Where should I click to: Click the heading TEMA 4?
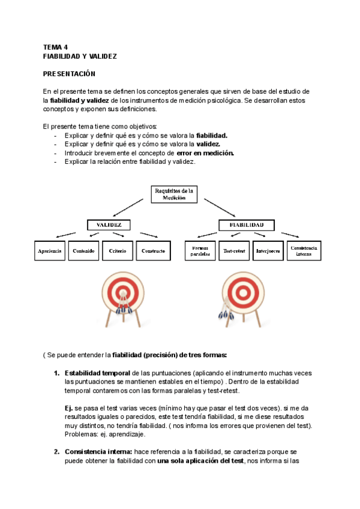[55, 46]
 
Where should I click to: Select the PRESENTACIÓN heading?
[69, 73]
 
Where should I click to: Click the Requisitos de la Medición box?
[173, 194]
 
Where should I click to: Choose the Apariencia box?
[49, 251]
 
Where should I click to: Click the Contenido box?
[83, 251]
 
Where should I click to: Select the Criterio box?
[118, 251]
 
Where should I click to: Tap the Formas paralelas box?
[200, 251]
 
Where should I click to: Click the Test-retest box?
[234, 251]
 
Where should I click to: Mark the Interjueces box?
[268, 251]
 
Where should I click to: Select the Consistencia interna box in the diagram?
[304, 251]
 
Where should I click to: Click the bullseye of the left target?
[124, 292]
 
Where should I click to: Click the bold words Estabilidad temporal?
[97, 373]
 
